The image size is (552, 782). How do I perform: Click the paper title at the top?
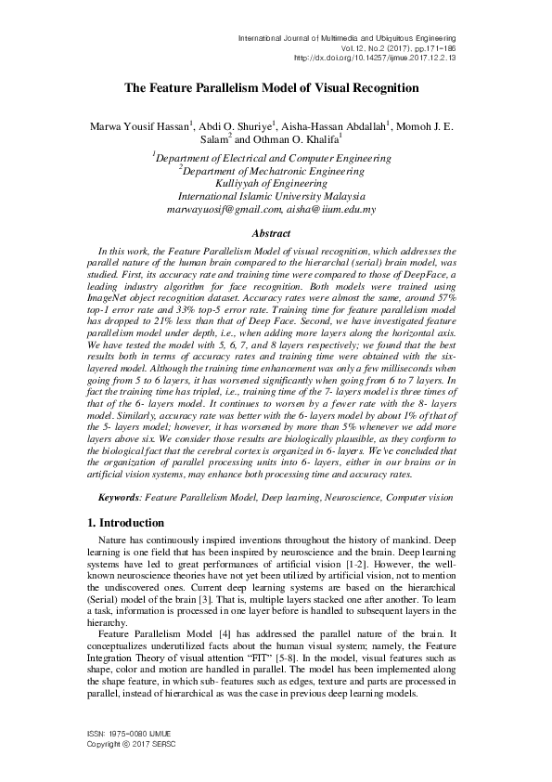(276, 87)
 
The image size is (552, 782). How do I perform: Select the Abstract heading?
(276, 235)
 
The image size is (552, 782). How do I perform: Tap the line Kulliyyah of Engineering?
(276, 184)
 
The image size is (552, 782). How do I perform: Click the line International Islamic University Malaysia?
(276, 197)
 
